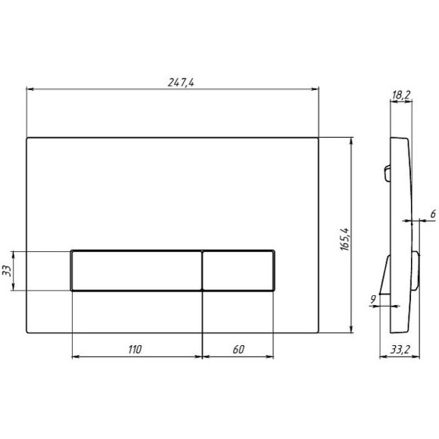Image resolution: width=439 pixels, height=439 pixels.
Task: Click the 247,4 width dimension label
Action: pos(181,83)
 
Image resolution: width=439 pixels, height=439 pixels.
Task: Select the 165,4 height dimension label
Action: pos(345,239)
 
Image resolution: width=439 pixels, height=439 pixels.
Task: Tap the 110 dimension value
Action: pos(135,350)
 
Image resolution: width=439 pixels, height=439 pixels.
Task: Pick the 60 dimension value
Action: pos(238,350)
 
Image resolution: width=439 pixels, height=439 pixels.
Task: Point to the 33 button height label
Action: pos(7,271)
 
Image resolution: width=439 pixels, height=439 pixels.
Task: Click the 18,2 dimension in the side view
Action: pos(401,95)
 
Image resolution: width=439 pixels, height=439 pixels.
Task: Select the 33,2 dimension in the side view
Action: pos(400,350)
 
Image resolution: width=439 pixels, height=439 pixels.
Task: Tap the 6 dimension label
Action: pos(433,214)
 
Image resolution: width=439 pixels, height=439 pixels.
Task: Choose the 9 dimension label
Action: pos(373,300)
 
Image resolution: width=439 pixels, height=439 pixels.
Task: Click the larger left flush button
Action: pos(137,271)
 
